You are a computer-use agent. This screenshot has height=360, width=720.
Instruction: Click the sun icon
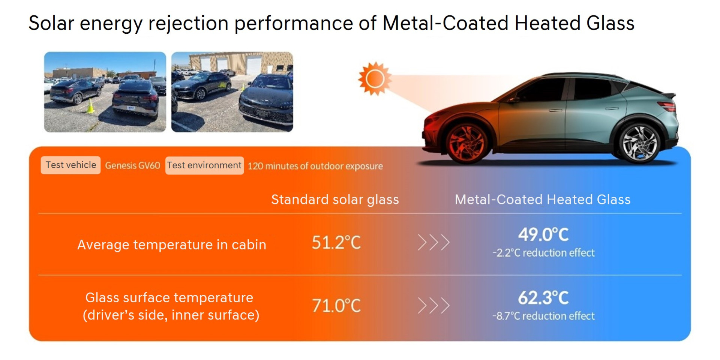coord(375,79)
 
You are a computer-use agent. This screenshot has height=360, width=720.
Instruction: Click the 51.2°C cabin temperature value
coord(336,243)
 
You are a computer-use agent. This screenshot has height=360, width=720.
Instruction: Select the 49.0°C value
coord(543,235)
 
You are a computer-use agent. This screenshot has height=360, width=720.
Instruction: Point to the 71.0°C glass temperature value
coord(336,306)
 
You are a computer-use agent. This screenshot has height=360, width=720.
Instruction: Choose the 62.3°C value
coord(543,298)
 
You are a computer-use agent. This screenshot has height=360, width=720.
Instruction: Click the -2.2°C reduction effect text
coord(543,253)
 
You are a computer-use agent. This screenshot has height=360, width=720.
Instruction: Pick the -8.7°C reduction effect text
coord(543,316)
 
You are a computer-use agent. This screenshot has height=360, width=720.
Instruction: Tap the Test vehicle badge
coord(70,165)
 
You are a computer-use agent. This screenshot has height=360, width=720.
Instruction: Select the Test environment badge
coord(204,165)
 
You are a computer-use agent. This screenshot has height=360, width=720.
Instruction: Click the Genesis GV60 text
coord(132,166)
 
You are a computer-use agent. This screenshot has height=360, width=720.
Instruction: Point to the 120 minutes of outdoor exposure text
coord(315,166)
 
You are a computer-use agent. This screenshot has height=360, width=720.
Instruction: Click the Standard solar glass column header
coord(335,199)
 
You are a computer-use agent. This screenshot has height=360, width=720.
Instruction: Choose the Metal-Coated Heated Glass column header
coord(543,199)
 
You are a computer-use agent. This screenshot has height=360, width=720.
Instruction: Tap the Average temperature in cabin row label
coord(172,245)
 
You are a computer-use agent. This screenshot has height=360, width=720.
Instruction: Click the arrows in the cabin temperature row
coord(433,243)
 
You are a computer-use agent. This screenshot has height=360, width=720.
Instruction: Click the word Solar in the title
coord(51,23)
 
